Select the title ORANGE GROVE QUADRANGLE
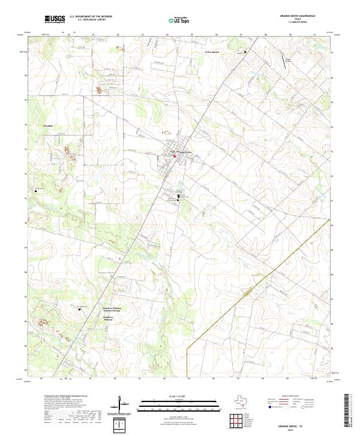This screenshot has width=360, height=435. coord(298,16)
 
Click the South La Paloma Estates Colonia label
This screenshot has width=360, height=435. coord(112,307)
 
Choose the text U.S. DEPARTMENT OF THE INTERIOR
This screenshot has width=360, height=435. coord(91,16)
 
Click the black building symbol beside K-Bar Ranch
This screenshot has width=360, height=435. coord(245,52)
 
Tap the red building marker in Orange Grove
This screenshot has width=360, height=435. coord(175,157)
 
